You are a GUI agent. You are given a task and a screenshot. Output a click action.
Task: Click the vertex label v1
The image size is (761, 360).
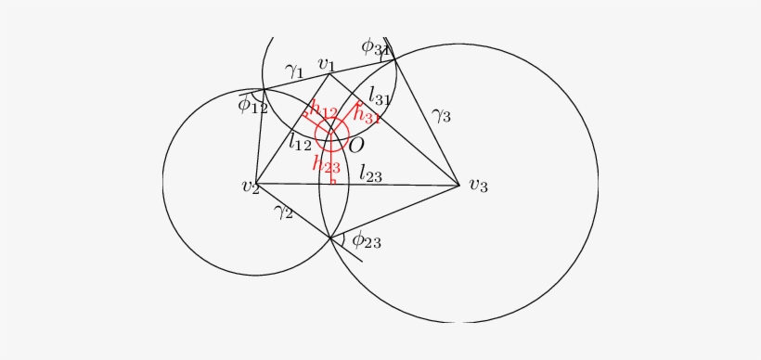[326, 64]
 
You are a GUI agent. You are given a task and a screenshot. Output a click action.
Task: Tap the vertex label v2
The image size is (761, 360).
[250, 186]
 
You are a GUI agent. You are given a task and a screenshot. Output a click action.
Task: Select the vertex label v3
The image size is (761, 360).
[478, 186]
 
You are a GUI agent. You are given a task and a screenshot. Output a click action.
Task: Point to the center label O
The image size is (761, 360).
[355, 145]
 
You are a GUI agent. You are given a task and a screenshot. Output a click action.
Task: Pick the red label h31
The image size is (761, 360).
[368, 116]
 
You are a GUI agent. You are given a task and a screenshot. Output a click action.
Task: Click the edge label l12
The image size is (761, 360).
[299, 142]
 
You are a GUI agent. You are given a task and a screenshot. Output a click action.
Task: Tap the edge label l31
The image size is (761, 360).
[380, 94]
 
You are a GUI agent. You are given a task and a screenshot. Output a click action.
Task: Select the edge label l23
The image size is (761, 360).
[372, 172]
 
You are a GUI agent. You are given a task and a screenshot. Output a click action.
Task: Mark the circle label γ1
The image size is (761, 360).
[295, 71]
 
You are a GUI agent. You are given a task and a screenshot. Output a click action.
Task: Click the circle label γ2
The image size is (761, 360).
[283, 212]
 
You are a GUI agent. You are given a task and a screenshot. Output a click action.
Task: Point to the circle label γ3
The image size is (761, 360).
[441, 115]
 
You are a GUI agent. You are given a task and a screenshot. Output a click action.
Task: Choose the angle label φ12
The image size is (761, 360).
[252, 106]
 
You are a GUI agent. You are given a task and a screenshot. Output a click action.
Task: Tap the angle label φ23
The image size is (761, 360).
[366, 240]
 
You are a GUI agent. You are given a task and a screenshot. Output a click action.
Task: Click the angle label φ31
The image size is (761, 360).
[376, 45]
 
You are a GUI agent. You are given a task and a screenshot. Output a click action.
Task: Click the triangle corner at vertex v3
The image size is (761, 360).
[459, 186]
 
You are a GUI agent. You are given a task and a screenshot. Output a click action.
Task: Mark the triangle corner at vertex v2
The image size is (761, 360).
[256, 184]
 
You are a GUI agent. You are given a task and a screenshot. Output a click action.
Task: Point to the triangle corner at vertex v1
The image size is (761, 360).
[329, 74]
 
